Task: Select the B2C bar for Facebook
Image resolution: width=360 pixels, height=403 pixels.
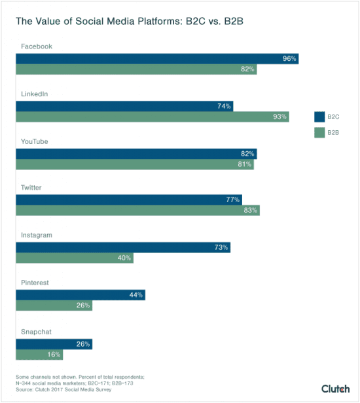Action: [x=157, y=59]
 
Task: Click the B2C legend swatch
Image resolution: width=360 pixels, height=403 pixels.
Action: [x=319, y=117]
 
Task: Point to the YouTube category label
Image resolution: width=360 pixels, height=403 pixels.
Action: [x=36, y=141]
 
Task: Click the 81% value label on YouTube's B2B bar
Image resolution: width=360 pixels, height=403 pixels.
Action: [x=245, y=164]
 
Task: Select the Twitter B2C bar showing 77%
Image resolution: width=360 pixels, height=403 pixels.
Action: [x=129, y=200]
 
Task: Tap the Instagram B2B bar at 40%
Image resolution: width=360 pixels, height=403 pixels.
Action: [x=75, y=258]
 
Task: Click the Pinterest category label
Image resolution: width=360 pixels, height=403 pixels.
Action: [x=35, y=283]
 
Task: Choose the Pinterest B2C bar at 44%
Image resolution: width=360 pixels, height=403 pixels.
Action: [x=81, y=295]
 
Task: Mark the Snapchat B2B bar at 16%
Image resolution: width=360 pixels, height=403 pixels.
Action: [x=40, y=354]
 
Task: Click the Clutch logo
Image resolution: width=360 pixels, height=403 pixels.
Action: [x=335, y=389]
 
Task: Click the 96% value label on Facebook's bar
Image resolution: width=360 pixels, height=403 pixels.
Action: [x=289, y=59]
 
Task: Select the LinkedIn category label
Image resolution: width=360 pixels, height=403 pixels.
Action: [x=35, y=94]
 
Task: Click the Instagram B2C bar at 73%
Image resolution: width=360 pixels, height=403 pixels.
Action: [x=123, y=247]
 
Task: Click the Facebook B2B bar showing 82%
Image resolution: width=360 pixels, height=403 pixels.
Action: [x=136, y=69]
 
